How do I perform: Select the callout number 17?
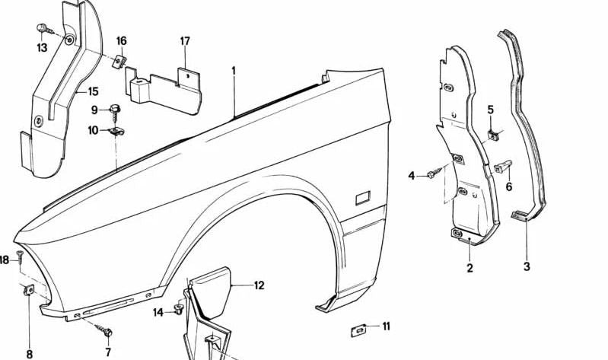point(185,41)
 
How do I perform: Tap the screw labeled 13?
point(42,30)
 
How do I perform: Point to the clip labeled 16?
point(119,61)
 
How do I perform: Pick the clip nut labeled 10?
point(116,132)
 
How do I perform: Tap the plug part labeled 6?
point(504,166)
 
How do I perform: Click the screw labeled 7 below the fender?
point(106,333)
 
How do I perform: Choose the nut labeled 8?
point(30,289)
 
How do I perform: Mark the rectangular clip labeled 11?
point(358,330)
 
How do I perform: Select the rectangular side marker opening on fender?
point(361,199)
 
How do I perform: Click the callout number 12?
point(259,286)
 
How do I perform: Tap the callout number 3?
point(527,267)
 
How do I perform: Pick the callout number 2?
point(470,268)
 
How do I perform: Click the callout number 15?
point(93,92)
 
